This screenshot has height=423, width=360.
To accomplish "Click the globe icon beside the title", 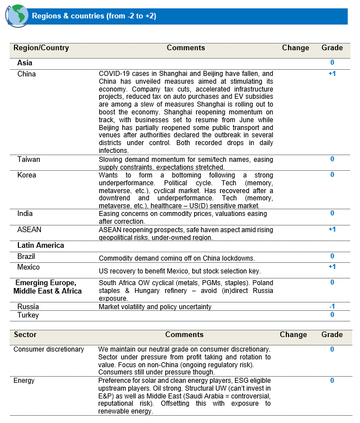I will pyautogui.click(x=17, y=16).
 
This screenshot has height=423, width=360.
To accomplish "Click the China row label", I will pyautogui.click(x=26, y=74).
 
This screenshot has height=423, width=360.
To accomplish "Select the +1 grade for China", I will pyautogui.click(x=332, y=74).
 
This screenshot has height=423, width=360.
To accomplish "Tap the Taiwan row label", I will pyautogui.click(x=28, y=159).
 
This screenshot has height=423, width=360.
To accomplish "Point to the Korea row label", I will pyautogui.click(x=26, y=175).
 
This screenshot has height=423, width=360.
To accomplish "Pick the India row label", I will pyautogui.click(x=25, y=213).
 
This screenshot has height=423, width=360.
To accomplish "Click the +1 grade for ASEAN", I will pyautogui.click(x=332, y=229).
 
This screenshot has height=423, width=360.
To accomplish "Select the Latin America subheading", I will pyautogui.click(x=41, y=245).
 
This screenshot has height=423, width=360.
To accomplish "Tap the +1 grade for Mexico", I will pyautogui.click(x=332, y=267).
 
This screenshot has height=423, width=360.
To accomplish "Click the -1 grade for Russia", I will pyautogui.click(x=332, y=306).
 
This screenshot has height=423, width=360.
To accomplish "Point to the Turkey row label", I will pyautogui.click(x=28, y=315).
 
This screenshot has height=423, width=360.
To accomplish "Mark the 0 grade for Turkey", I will pyautogui.click(x=332, y=315).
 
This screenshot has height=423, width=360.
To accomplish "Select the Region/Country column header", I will pyautogui.click(x=41, y=48).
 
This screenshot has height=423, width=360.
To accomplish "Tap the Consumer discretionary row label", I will pyautogui.click(x=49, y=349).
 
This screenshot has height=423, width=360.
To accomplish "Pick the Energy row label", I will pyautogui.click(x=24, y=381).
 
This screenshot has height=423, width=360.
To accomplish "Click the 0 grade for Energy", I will pyautogui.click(x=332, y=381).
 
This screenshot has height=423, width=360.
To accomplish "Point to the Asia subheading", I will pyautogui.click(x=25, y=63).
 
